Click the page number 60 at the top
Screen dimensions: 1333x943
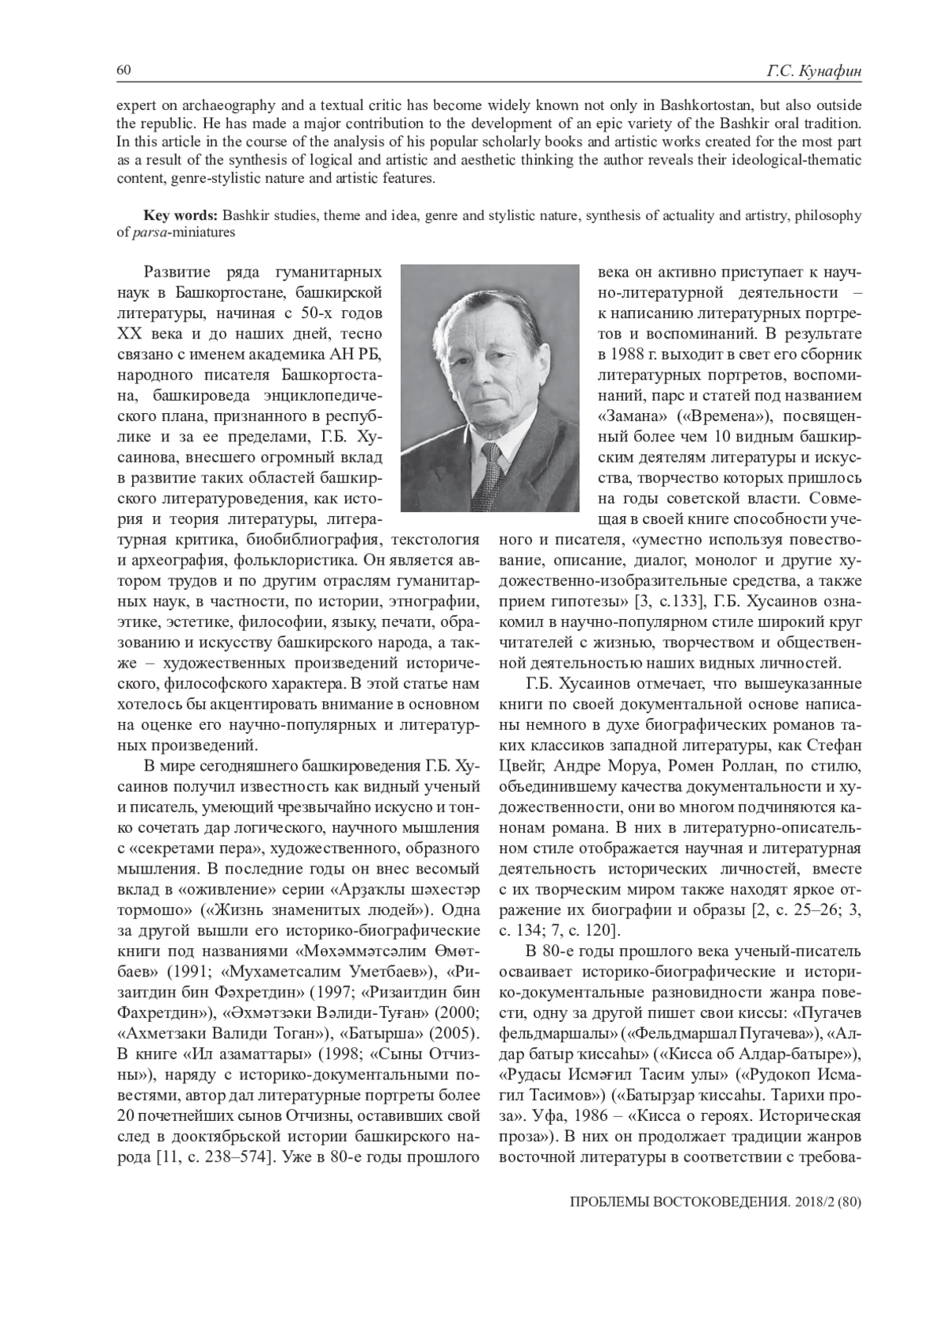tap(123, 71)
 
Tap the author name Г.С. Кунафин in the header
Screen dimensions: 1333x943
tap(815, 71)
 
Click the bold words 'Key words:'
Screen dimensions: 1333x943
tap(180, 216)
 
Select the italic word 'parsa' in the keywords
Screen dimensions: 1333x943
tap(149, 233)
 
